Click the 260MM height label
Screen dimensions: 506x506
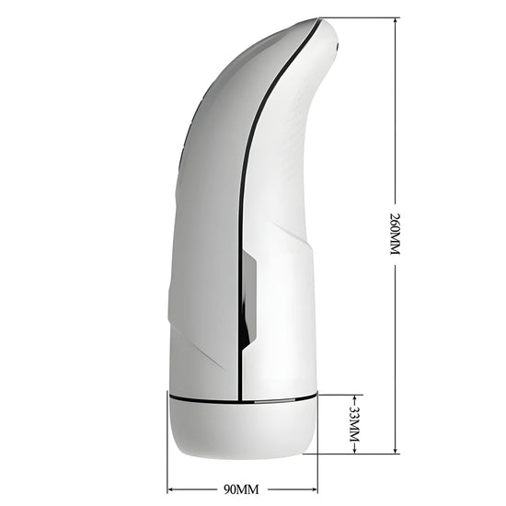coord(395,234)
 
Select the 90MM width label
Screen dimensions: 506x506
coord(241,489)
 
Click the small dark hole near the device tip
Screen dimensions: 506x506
coord(338,47)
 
